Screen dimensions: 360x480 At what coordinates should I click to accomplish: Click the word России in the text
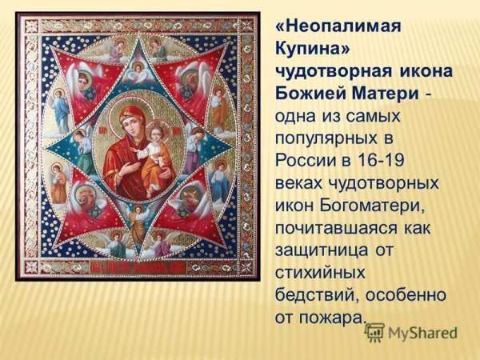tap(301, 162)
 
